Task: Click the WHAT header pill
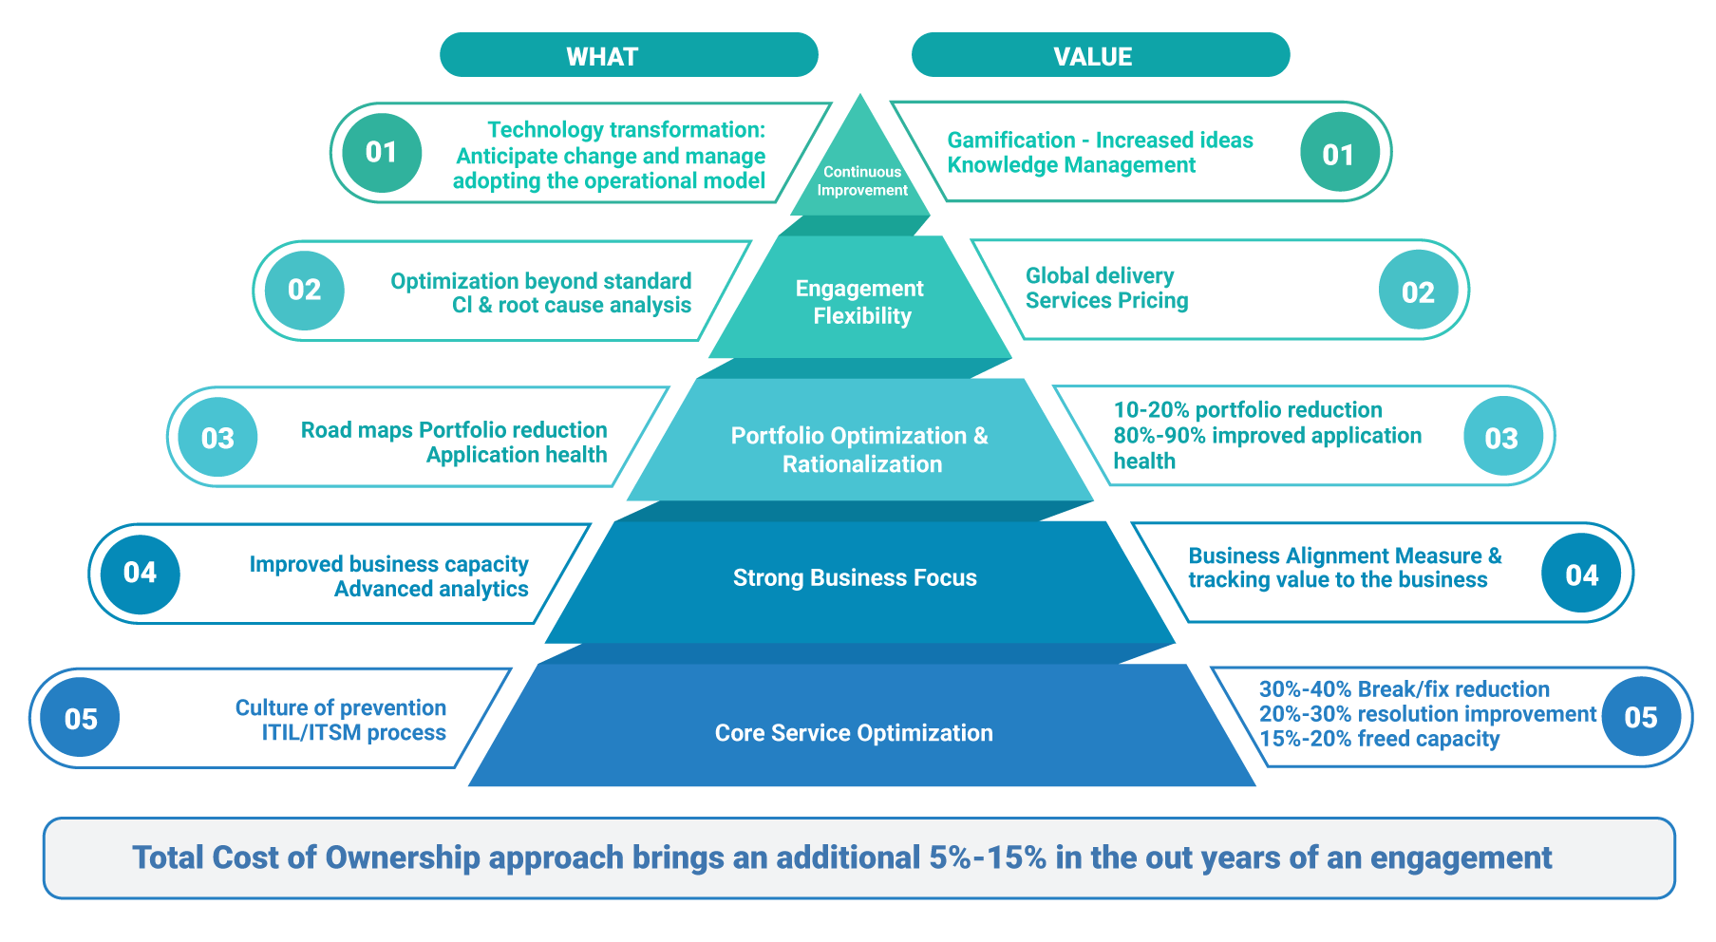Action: click(629, 56)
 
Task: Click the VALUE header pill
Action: click(1100, 56)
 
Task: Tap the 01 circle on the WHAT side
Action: click(382, 152)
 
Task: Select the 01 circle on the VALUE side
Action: click(1338, 154)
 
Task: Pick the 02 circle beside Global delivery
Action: click(1418, 292)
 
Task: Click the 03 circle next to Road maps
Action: click(217, 438)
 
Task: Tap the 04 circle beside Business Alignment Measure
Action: click(1581, 575)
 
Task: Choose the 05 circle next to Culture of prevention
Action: click(81, 719)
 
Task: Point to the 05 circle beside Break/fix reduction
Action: click(1640, 717)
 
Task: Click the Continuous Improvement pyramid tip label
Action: click(861, 180)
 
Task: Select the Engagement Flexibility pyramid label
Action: click(860, 302)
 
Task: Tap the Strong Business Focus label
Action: click(855, 577)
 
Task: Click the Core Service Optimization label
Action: click(854, 733)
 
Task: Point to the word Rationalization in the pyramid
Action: click(862, 464)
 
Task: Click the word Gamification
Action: click(1010, 141)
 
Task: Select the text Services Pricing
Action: click(1106, 301)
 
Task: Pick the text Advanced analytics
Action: click(431, 589)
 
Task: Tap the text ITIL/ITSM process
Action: click(353, 733)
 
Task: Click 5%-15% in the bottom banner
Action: click(988, 857)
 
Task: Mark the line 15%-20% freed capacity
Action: click(1379, 739)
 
